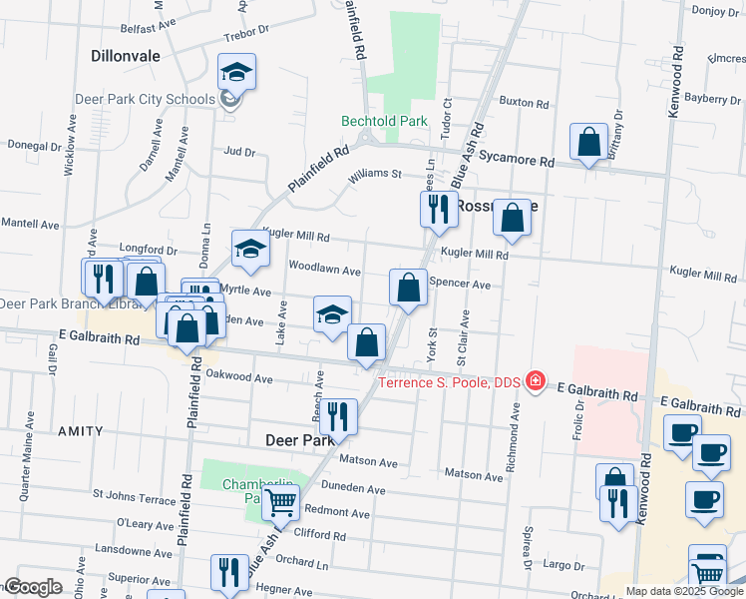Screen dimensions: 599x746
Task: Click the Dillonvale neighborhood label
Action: [125, 56]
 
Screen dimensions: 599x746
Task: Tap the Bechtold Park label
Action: [384, 121]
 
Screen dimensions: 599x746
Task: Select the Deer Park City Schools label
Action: [146, 99]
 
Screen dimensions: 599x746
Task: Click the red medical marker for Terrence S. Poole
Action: [536, 380]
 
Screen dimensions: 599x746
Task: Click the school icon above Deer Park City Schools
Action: [237, 72]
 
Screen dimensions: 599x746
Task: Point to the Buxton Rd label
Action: [524, 103]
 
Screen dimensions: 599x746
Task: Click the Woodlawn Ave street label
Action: [324, 270]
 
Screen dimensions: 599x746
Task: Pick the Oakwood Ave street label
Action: [238, 378]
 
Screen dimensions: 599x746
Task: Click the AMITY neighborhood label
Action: [80, 431]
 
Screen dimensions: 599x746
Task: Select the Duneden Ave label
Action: [354, 489]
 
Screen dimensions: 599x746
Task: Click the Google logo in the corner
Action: [34, 587]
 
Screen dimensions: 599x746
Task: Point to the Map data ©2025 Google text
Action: [684, 591]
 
